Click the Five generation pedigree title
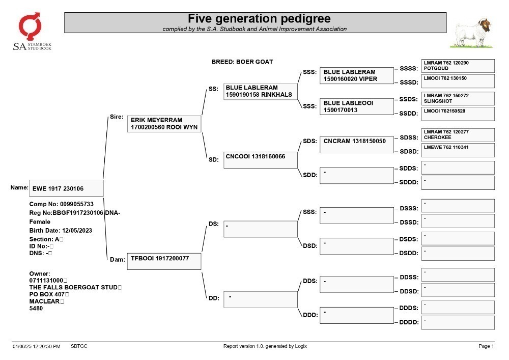pyautogui.click(x=259, y=18)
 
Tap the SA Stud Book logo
pyautogui.click(x=32, y=32)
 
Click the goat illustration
pyautogui.click(x=472, y=33)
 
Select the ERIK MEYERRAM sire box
pyautogui.click(x=164, y=124)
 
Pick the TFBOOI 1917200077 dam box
pyautogui.click(x=164, y=261)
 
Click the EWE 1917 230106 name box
pyautogui.click(x=66, y=188)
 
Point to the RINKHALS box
pyautogui.click(x=260, y=91)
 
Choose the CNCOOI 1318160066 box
pyautogui.click(x=260, y=160)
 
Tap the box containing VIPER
pyautogui.click(x=357, y=76)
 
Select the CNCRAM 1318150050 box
pyautogui.click(x=357, y=145)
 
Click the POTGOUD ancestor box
pyautogui.click(x=458, y=66)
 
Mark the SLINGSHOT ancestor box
pyautogui.click(x=458, y=99)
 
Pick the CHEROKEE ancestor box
pyautogui.click(x=458, y=135)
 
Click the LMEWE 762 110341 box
pyautogui.click(x=458, y=150)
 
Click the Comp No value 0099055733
pyautogui.click(x=77, y=204)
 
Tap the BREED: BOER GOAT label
pyautogui.click(x=242, y=62)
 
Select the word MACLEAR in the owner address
pyautogui.click(x=44, y=301)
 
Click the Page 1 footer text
pyautogui.click(x=486, y=346)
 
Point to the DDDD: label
pyautogui.click(x=409, y=322)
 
